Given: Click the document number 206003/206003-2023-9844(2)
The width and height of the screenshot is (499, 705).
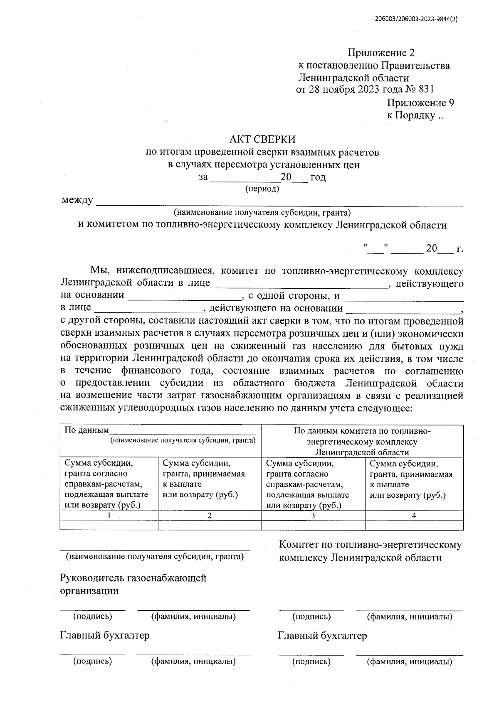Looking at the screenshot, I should pos(416,19).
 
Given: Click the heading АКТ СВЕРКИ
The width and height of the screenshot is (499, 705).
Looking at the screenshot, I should pos(262,139).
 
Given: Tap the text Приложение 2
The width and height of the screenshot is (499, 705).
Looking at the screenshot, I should pos(381,53).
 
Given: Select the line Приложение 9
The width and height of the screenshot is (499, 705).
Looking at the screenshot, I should pos(420,103).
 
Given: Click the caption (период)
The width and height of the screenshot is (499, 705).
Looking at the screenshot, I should pos(262,189).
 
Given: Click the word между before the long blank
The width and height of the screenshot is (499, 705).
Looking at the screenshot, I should pos(77,200).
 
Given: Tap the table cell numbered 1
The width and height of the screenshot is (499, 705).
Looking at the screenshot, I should pos(109,516).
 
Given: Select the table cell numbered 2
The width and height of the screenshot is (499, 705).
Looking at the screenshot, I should pos(210,516).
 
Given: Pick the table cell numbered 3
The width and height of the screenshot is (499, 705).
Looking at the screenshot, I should pos(313,516).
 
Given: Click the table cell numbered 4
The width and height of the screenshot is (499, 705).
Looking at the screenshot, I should pos(414,516).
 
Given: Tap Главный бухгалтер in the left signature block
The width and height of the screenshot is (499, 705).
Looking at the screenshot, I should pos(105,635).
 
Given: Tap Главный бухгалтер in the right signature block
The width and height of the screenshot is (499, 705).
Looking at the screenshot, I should pos(322,636).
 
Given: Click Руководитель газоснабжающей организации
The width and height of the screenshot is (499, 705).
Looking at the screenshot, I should pos(133,584).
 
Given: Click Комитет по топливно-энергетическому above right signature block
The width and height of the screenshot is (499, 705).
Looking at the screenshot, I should pos(370,545).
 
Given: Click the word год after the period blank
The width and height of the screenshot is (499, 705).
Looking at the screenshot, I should pos(318,177).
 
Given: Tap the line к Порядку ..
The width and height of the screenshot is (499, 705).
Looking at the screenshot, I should pos(415,115).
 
